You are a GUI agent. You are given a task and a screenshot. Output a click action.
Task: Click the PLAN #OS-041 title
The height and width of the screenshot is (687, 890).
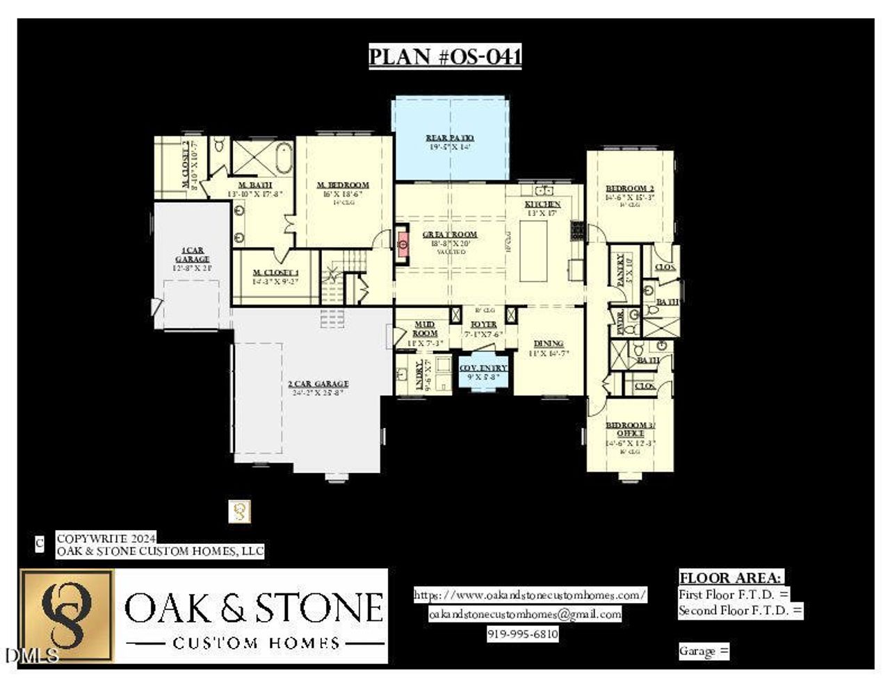(x=445, y=56)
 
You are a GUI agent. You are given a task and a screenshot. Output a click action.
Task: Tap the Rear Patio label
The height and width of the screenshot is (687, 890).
(x=450, y=138)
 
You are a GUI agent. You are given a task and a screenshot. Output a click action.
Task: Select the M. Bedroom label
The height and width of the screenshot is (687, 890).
(x=343, y=185)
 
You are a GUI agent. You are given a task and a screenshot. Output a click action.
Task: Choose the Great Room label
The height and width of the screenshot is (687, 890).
(x=450, y=235)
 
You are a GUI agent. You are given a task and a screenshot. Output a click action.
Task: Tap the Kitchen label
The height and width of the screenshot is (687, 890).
(x=542, y=204)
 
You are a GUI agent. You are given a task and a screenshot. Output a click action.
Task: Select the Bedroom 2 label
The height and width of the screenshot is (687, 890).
(x=630, y=189)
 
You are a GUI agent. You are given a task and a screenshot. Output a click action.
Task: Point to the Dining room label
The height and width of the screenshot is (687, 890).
(x=548, y=344)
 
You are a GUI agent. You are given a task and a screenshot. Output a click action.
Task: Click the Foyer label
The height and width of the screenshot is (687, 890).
(x=484, y=324)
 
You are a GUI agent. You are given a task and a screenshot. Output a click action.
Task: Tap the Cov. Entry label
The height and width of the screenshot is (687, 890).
(x=483, y=368)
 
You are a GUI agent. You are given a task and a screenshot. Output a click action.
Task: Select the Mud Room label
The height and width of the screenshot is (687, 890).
(x=424, y=329)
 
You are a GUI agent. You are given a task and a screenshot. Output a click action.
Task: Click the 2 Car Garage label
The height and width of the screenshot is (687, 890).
(x=318, y=383)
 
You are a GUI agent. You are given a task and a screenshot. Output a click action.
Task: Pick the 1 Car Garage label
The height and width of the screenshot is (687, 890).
(x=192, y=254)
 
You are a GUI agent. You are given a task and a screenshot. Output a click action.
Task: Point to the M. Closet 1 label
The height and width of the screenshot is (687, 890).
(x=275, y=273)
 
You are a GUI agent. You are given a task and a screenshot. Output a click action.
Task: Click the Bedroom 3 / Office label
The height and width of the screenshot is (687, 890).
(x=630, y=429)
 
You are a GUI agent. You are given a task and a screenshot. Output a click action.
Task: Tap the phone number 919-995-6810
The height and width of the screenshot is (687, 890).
(x=523, y=634)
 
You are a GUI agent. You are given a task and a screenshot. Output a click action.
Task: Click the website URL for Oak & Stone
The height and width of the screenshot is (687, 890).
(x=531, y=595)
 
